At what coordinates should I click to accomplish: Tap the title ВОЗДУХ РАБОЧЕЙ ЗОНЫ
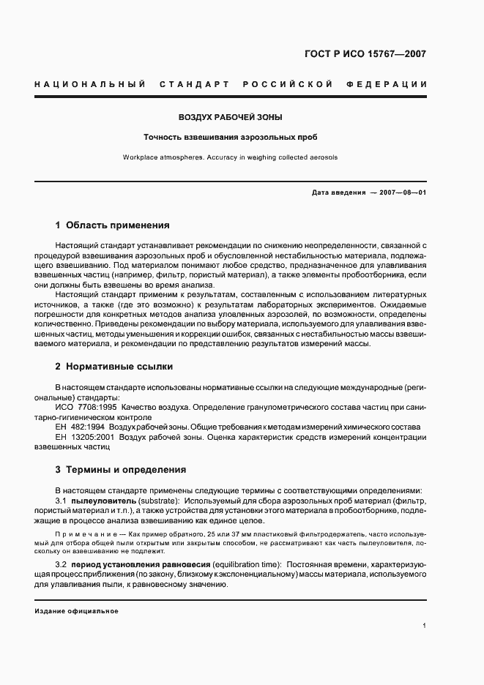tap(231, 117)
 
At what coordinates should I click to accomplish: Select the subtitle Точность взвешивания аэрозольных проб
tap(231, 137)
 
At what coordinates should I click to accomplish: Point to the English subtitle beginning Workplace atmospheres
tap(231, 157)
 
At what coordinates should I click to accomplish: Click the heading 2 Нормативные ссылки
tap(114, 367)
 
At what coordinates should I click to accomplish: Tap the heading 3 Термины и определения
tap(121, 470)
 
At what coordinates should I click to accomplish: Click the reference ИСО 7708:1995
tap(86, 406)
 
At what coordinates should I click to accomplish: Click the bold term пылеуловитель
tap(101, 500)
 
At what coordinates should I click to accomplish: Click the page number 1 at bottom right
tap(424, 626)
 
